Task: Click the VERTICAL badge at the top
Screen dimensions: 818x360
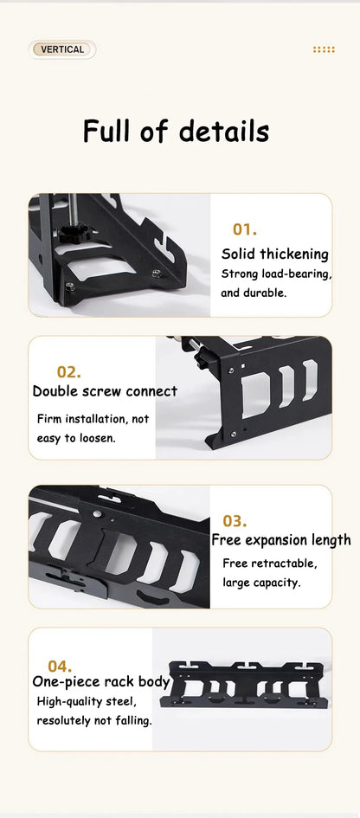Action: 62,49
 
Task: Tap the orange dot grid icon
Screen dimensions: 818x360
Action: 324,49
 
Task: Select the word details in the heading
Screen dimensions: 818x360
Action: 224,132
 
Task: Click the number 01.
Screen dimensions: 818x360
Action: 245,229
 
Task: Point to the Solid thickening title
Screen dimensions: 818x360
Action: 275,254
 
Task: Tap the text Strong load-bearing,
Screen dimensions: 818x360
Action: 276,274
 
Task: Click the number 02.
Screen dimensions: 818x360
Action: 69,372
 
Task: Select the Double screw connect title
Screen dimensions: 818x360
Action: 105,391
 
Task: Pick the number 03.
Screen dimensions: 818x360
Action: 235,521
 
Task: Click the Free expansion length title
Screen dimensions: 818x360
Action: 281,540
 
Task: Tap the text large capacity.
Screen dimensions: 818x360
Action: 261,583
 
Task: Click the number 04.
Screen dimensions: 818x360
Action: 60,667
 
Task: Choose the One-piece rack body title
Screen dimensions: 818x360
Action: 101,682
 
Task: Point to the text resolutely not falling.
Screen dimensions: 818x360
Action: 94,720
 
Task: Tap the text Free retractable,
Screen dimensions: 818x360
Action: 269,564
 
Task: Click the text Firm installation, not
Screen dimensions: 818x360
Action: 93,419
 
